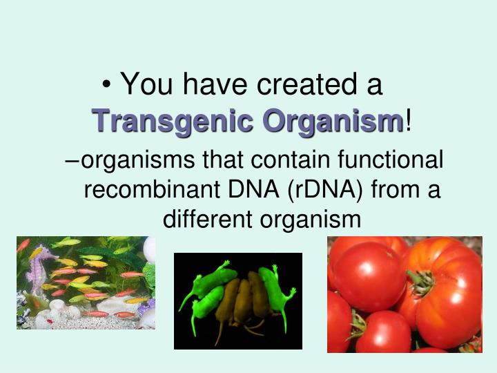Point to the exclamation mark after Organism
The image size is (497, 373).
tap(409, 122)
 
